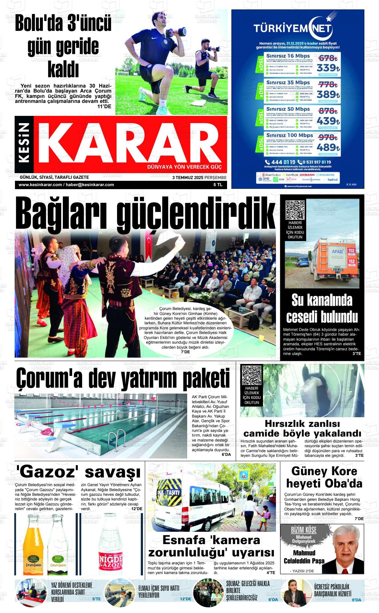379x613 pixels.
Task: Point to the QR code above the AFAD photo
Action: [x=295, y=210]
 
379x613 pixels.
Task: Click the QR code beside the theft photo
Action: [x=252, y=375]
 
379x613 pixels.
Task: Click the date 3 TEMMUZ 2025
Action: [x=187, y=178]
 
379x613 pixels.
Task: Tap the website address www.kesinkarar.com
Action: [x=40, y=185]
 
